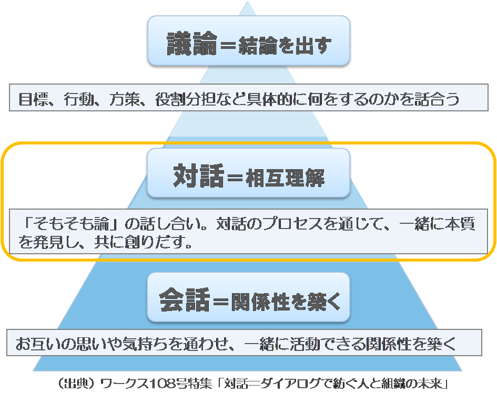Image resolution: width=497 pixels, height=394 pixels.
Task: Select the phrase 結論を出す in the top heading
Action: pos(287,45)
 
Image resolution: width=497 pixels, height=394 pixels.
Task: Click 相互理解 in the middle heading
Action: pos(285,178)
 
